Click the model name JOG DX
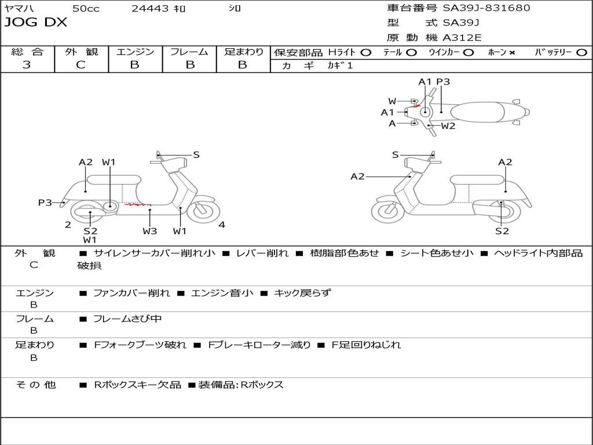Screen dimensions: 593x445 (x=35, y=23)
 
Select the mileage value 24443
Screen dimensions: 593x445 (x=150, y=9)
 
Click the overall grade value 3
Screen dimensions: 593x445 (x=27, y=65)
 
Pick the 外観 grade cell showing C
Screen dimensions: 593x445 (x=80, y=65)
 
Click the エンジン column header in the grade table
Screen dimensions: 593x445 (x=135, y=52)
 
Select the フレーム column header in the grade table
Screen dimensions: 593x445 (x=189, y=52)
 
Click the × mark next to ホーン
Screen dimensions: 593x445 (x=512, y=53)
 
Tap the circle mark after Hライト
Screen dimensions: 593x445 (x=365, y=52)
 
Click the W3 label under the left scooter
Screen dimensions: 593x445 (x=149, y=231)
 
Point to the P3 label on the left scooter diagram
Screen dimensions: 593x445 (x=45, y=202)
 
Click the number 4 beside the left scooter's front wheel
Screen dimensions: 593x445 (x=222, y=225)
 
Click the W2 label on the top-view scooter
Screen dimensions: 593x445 (x=448, y=126)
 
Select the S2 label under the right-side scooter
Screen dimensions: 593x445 (x=502, y=231)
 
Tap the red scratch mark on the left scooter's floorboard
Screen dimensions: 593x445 (x=138, y=205)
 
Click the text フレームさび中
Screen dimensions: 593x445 (x=127, y=319)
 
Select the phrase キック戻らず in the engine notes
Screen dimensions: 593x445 (x=302, y=293)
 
